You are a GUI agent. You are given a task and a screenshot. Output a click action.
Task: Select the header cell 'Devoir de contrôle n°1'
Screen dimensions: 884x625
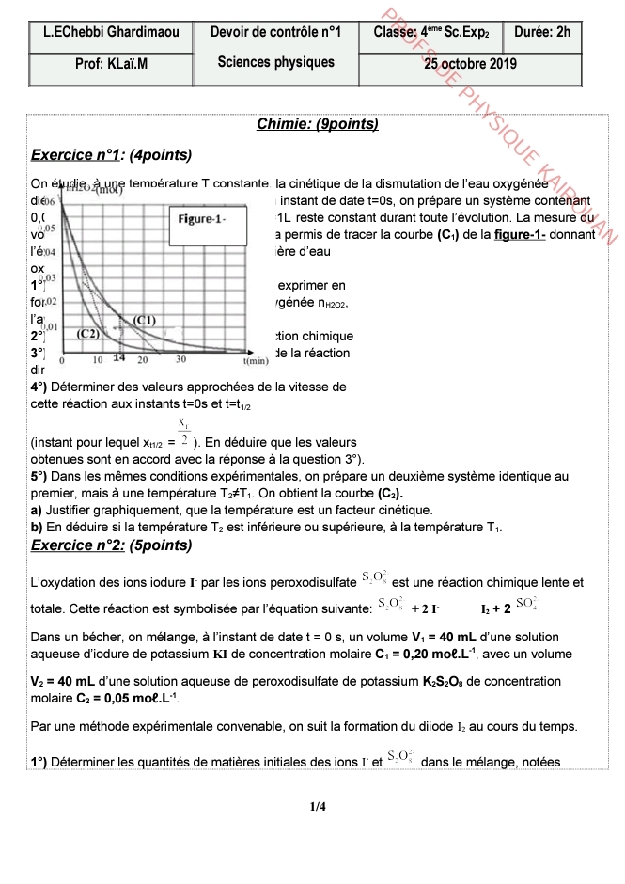point(275,32)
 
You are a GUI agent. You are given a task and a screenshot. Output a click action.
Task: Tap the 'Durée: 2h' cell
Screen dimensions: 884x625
point(542,32)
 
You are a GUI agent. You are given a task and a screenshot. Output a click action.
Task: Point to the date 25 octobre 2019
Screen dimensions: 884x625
point(470,65)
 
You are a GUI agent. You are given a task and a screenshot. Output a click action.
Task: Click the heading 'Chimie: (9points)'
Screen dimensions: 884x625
point(317,124)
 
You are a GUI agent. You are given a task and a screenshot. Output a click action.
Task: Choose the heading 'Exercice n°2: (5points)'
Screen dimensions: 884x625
point(112,545)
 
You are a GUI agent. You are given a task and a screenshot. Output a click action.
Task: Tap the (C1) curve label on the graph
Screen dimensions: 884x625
point(144,320)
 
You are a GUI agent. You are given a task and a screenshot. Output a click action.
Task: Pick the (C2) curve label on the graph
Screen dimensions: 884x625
point(88,333)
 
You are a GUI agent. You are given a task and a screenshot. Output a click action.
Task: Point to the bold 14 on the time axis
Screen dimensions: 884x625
point(119,358)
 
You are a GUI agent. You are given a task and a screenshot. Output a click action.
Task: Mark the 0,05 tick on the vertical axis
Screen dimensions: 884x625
point(48,229)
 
